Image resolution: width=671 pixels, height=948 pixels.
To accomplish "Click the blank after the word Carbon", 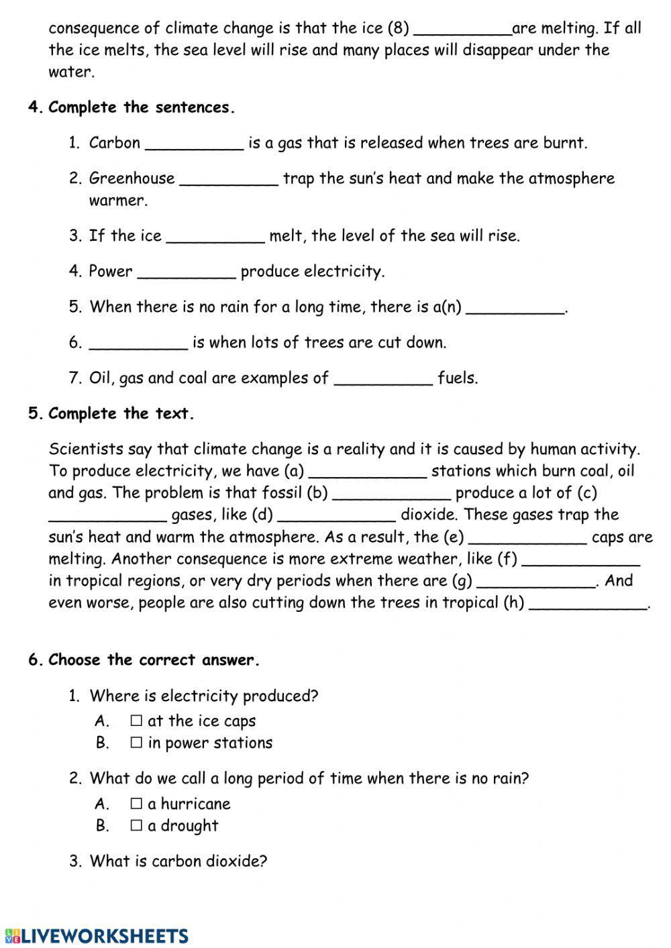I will (194, 144).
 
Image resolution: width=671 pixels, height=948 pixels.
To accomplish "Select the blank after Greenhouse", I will (229, 179).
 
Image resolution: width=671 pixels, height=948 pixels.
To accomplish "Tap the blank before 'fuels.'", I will (383, 378).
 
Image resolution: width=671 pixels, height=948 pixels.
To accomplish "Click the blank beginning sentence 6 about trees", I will (138, 343).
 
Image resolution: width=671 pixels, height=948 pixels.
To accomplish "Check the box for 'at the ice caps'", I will (136, 721).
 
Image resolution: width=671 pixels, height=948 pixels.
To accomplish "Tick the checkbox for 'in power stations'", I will (136, 743).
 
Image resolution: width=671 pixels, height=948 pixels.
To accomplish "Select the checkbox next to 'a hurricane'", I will (136, 803).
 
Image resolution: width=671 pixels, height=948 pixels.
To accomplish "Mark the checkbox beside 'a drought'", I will (136, 825).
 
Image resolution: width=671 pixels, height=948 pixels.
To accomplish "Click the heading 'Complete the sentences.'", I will (142, 107).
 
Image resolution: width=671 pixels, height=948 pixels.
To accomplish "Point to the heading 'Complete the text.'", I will (121, 413).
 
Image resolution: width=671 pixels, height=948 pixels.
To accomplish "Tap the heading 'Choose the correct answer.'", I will (154, 660).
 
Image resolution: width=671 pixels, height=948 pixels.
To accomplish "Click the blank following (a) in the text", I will (367, 472).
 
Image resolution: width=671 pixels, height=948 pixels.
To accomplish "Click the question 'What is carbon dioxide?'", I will (178, 861).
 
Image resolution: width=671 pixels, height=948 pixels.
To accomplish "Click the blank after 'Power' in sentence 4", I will (187, 272).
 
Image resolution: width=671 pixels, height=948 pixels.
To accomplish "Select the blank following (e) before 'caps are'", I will (528, 537).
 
